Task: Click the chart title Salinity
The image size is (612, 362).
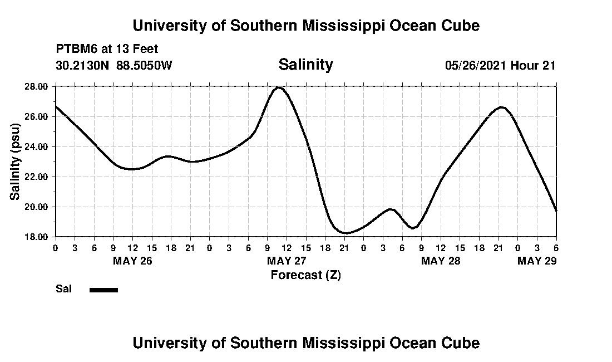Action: [305, 65]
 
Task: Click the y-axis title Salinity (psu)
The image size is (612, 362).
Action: [15, 162]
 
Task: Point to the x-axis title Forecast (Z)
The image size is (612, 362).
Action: [305, 275]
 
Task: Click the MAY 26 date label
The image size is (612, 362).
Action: [132, 261]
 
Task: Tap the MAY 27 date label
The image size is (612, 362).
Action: [287, 261]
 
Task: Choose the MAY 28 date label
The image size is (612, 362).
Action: [441, 261]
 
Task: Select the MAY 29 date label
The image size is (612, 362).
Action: [537, 261]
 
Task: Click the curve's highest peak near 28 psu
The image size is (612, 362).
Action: [279, 87]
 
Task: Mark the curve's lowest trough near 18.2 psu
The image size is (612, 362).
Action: [346, 233]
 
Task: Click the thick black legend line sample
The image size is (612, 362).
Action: [103, 290]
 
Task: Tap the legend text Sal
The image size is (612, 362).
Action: [63, 289]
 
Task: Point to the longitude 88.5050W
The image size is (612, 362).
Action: [144, 65]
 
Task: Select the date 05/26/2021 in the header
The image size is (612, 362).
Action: [476, 65]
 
